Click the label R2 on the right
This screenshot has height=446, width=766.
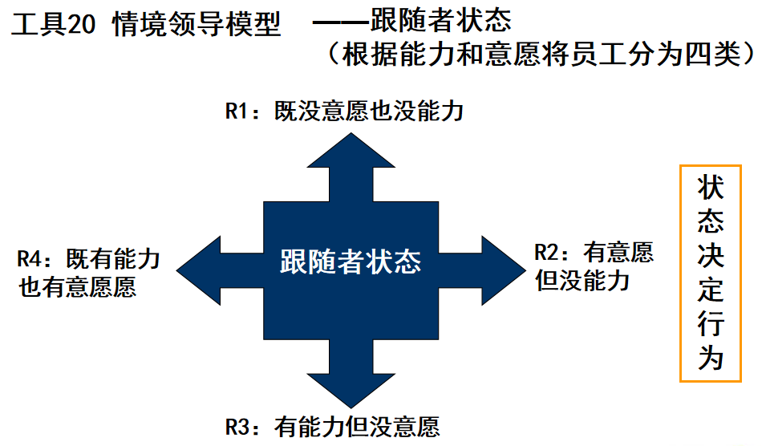coord(552,253)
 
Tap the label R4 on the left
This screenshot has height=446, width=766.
coord(34,260)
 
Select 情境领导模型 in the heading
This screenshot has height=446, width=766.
coord(197,26)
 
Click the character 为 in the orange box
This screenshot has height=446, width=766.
coord(711,359)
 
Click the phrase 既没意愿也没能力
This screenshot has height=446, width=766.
coord(369,111)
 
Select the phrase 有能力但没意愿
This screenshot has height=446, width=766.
coord(357,424)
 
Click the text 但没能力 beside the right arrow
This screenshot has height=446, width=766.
coord(583,281)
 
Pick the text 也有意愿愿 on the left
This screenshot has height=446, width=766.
coord(78,287)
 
